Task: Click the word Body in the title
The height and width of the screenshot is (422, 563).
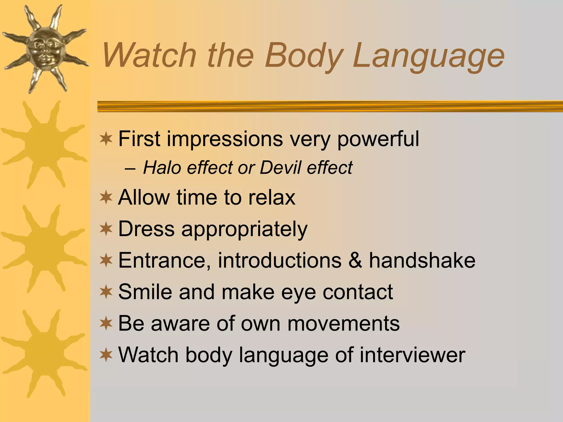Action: [304, 56]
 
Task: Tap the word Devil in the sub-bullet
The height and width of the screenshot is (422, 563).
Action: [280, 168]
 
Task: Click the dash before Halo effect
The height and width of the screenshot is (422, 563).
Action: [130, 168]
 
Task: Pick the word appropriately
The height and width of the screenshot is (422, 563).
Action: [244, 230]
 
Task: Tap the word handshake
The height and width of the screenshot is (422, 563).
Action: [422, 260]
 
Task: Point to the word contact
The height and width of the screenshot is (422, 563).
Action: [358, 292]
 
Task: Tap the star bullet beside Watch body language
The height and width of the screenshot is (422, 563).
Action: [106, 355]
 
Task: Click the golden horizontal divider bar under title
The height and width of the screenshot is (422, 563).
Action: [330, 106]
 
